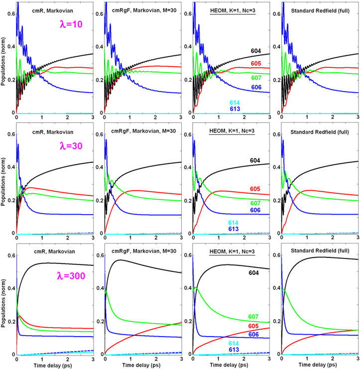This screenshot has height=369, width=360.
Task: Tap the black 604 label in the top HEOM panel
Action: pyautogui.click(x=255, y=51)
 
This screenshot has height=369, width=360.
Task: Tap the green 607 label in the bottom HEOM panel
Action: pyautogui.click(x=255, y=317)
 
